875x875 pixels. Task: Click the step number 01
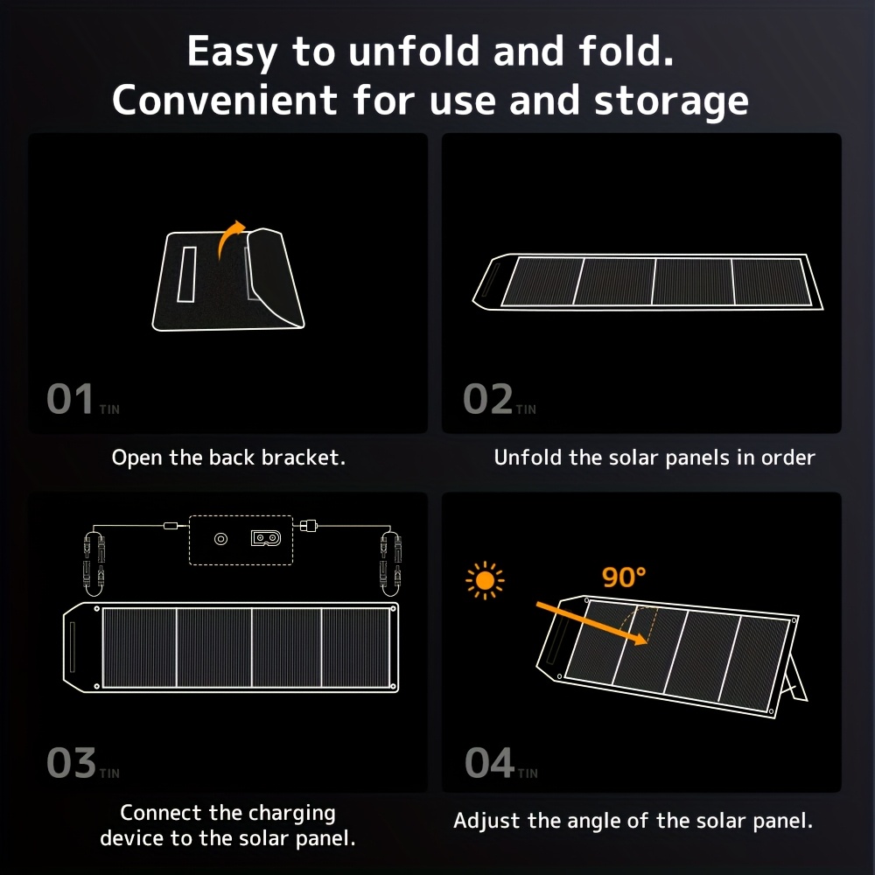point(70,399)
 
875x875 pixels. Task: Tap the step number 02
point(487,399)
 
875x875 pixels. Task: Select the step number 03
point(72,763)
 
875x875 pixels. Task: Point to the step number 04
point(489,763)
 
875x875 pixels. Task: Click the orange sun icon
point(485,580)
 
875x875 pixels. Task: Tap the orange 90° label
point(624,577)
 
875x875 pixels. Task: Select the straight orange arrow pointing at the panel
point(591,623)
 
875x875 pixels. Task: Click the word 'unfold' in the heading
point(414,52)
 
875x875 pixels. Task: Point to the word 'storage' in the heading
point(671,101)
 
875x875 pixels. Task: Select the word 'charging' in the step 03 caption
point(292,814)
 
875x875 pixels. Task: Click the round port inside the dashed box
point(221,539)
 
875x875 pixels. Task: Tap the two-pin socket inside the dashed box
point(266,538)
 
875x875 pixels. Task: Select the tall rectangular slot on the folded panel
point(186,275)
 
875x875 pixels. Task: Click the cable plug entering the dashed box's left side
point(171,526)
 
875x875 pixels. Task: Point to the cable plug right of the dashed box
point(309,526)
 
